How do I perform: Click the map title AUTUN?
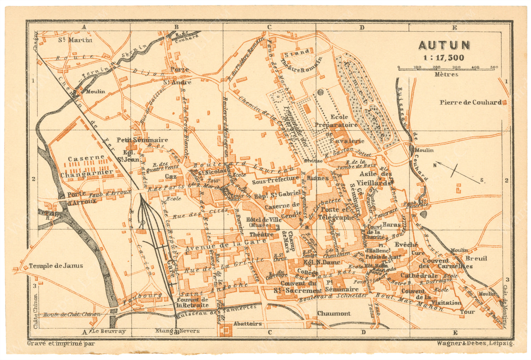click(444, 45)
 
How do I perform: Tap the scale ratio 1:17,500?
click(444, 58)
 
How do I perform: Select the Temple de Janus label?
click(56, 266)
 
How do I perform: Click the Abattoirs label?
click(247, 324)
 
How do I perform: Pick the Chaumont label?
click(334, 313)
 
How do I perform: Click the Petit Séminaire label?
click(142, 140)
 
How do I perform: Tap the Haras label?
click(392, 224)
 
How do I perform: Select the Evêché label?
click(406, 244)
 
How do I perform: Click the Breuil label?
click(476, 258)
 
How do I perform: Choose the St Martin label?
click(75, 40)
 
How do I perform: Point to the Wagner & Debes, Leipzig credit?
click(475, 343)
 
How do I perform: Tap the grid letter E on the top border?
click(455, 28)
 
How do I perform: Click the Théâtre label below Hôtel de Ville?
click(262, 235)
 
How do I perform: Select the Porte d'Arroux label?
click(77, 198)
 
